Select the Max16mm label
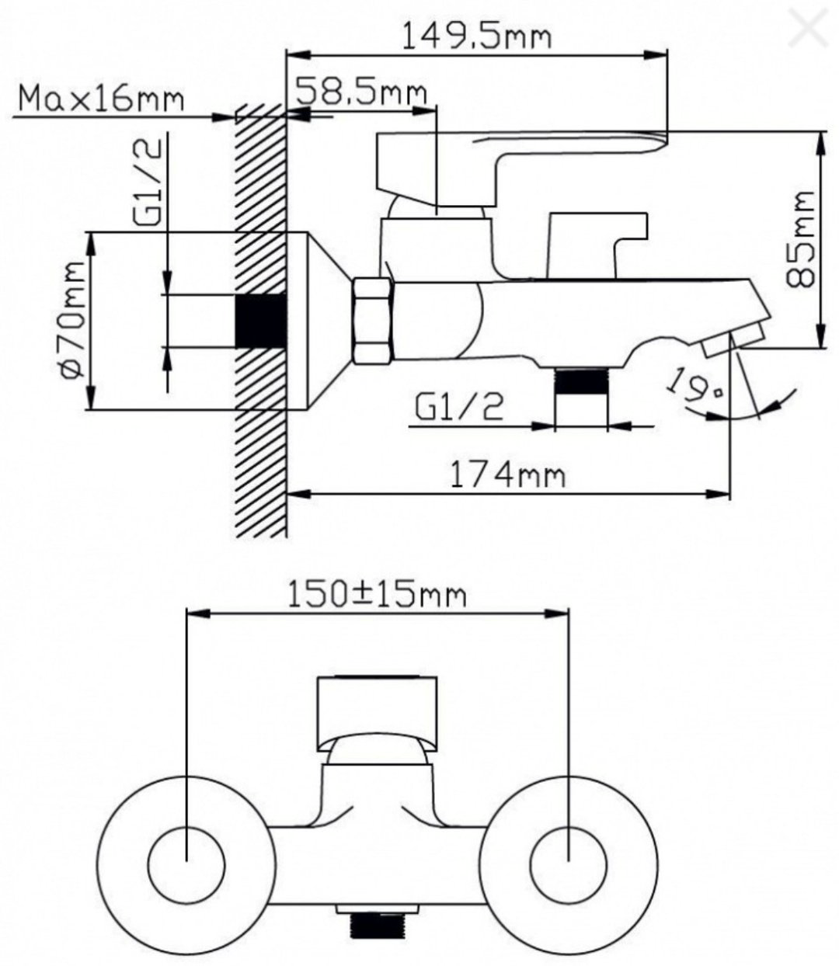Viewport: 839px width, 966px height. (101, 99)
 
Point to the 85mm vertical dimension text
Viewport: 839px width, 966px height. (800, 239)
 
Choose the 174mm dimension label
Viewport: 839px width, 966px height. (507, 475)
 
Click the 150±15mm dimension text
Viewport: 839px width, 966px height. (376, 596)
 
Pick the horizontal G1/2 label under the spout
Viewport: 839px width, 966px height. (459, 407)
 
